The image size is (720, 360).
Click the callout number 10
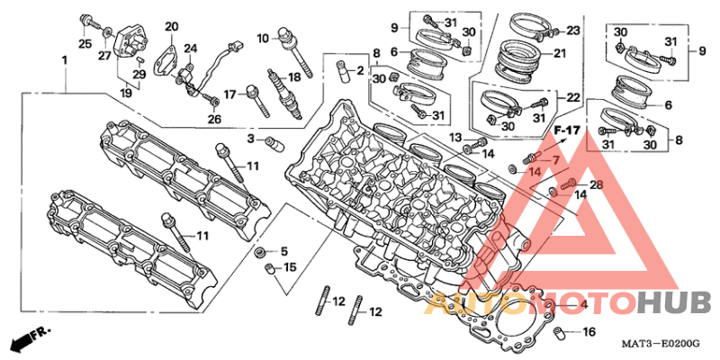pos(263,38)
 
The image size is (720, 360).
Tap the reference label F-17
pos(567,130)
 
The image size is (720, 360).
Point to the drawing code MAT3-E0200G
pos(661,344)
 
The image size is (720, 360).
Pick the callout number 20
pos(171,27)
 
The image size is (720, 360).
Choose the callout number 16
pos(589,331)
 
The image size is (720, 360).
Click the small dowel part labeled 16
pos(559,330)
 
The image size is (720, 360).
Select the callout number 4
pos(583,304)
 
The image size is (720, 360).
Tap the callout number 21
pos(560,54)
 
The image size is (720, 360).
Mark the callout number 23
pos(573,31)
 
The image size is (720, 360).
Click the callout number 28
pos(596,185)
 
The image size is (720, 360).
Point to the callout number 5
pos(283,251)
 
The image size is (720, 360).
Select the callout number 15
pos(290,266)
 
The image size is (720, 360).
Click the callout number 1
pos(65,60)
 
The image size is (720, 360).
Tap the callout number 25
pos(85,43)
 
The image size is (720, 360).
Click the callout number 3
pos(251,139)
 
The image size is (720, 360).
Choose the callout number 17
pos(230,95)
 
